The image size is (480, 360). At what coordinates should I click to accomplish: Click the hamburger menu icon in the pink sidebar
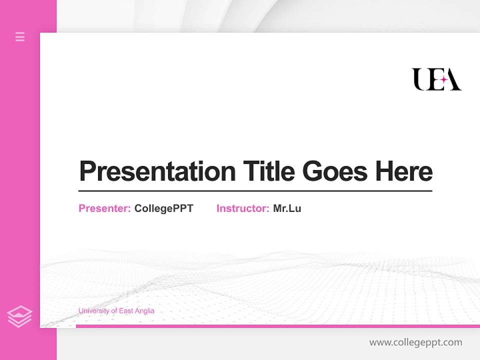point(20,36)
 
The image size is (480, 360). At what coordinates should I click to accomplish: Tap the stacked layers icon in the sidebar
point(19,316)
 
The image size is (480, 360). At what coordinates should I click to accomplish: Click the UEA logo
point(436,79)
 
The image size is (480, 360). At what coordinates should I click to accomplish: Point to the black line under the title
point(255,191)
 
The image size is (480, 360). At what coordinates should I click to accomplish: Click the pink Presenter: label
point(104,208)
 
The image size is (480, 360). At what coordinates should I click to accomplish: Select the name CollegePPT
point(163,208)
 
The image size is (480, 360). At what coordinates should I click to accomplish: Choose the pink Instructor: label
point(242,208)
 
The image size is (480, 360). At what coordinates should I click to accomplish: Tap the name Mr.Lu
point(287,208)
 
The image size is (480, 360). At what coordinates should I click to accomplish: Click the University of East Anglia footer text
point(116,311)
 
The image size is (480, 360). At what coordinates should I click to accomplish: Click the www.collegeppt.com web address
point(415,342)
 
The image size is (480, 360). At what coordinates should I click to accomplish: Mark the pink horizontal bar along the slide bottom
point(277,326)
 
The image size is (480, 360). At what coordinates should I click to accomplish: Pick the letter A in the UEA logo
point(453,80)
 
